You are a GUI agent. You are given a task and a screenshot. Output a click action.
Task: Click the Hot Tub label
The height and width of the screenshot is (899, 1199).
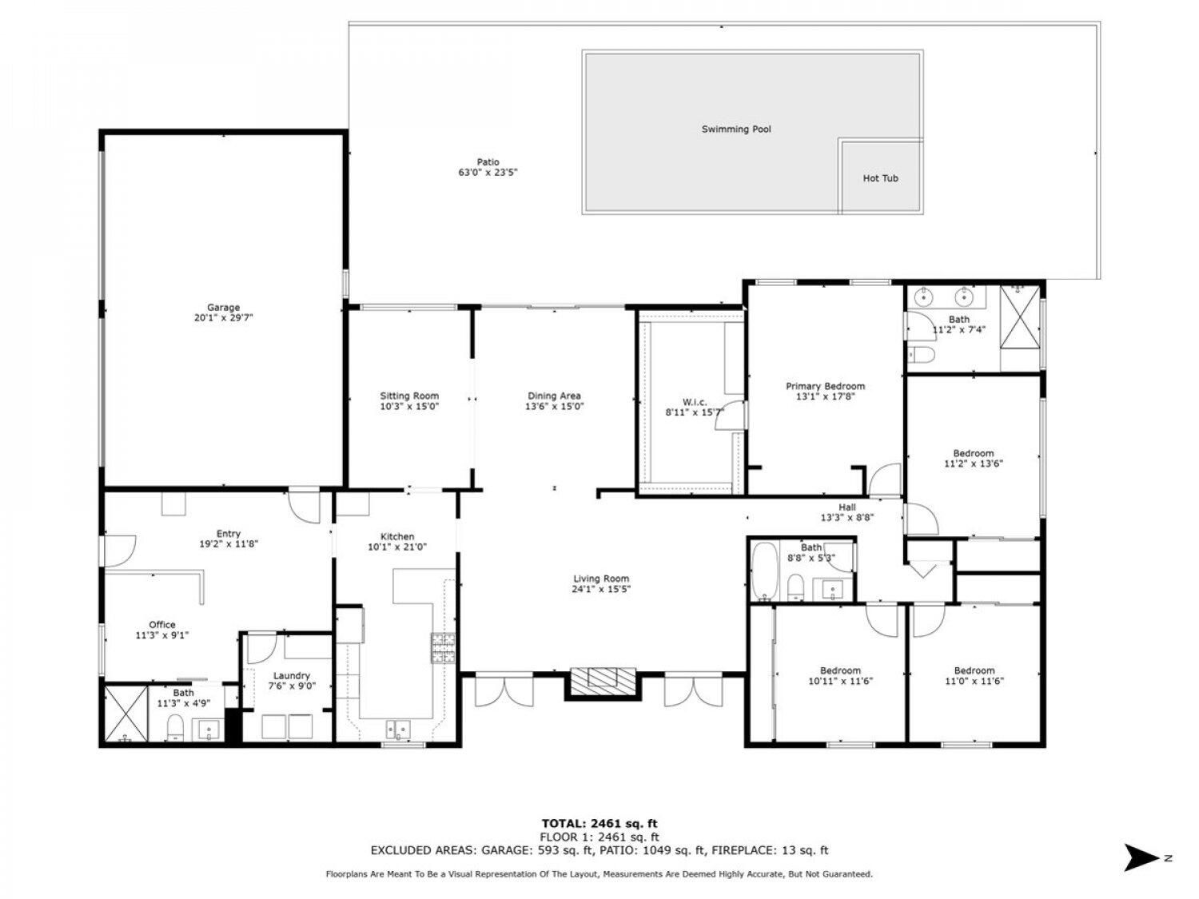coord(880,178)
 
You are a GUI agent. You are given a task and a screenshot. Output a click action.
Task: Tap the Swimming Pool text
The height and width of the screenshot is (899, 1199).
coord(736,129)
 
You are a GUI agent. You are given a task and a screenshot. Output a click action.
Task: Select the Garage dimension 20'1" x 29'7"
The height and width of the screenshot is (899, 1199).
coord(223,318)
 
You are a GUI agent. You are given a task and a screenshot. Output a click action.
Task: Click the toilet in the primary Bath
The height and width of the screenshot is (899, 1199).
coord(921,355)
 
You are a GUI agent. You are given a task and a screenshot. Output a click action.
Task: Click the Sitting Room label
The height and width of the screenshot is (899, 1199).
coord(409,396)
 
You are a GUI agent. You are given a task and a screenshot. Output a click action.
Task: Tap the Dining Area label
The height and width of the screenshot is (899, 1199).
coord(554,396)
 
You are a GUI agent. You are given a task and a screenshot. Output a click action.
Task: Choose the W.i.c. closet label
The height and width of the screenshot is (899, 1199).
coord(694,402)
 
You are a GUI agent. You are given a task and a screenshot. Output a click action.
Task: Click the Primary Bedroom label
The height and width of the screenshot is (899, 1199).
coord(825,387)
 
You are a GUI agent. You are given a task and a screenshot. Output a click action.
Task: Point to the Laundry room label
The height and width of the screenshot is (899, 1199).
coord(291,676)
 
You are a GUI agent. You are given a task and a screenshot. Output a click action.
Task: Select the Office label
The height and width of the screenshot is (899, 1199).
coord(162,624)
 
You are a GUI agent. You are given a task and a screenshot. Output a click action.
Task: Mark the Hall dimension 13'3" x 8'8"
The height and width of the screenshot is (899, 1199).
coord(847,518)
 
